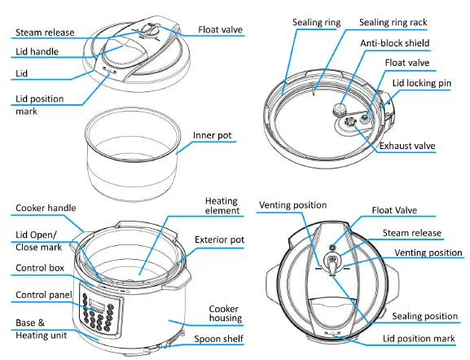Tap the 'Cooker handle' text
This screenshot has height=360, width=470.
(x=46, y=208)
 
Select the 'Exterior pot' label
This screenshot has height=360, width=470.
(x=220, y=240)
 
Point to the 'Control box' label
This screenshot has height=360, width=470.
(x=42, y=267)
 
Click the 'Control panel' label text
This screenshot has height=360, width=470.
(x=44, y=294)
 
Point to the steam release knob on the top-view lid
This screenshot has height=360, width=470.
(x=334, y=263)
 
